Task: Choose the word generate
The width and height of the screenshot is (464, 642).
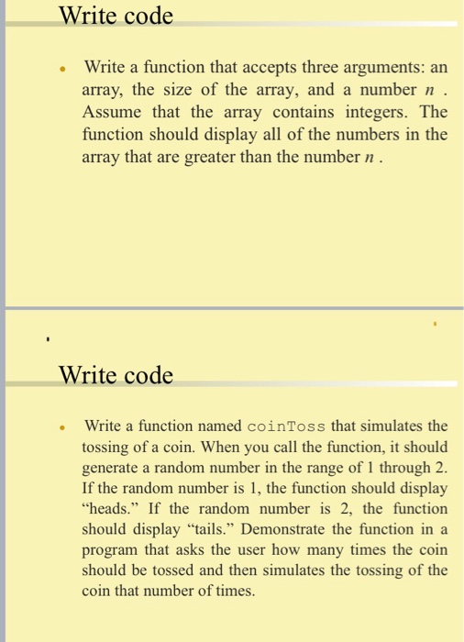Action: coord(112,468)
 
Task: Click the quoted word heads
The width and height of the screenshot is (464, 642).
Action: coord(106,508)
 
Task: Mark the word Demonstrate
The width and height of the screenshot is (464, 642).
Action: coord(282,529)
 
